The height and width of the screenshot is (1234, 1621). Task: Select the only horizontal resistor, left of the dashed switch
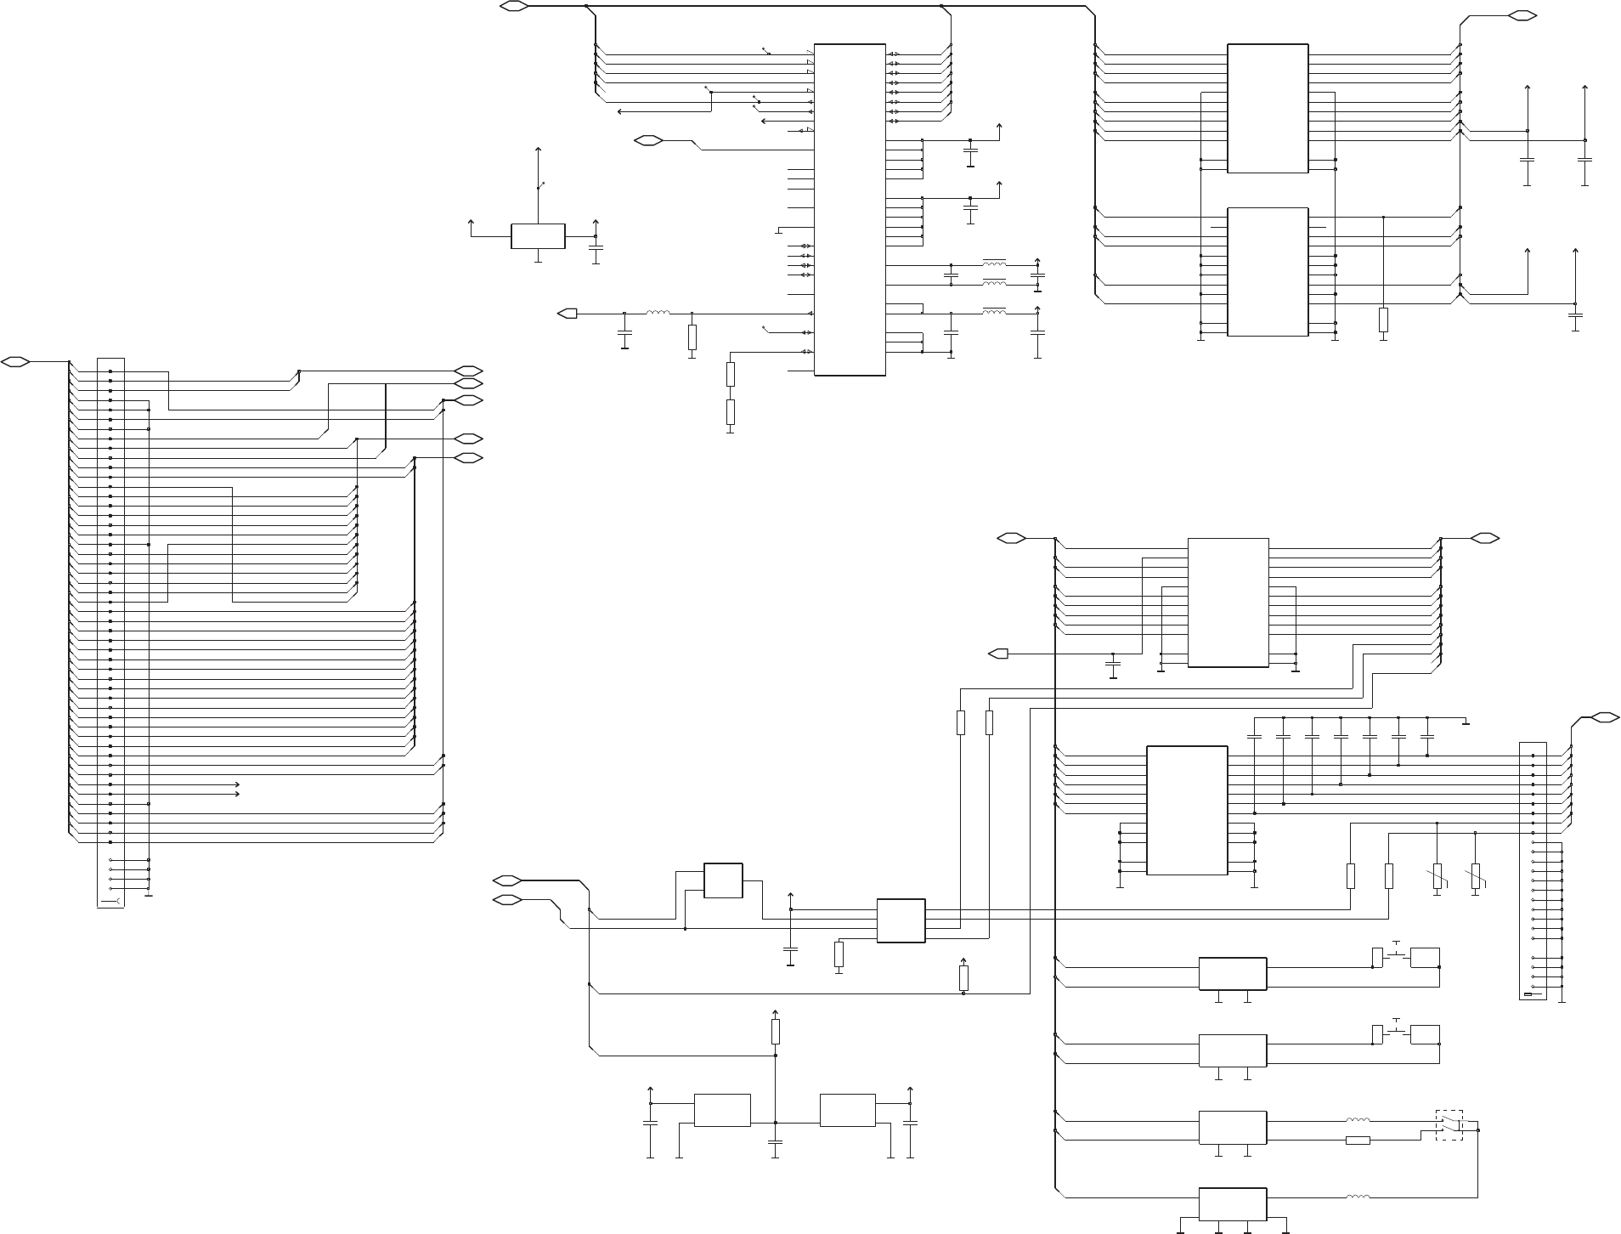pyautogui.click(x=1358, y=1141)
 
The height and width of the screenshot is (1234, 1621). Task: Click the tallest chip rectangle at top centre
pyautogui.click(x=850, y=209)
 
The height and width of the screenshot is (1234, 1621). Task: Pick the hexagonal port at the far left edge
pyautogui.click(x=16, y=362)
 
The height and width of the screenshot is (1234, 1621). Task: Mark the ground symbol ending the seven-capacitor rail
pyautogui.click(x=1466, y=724)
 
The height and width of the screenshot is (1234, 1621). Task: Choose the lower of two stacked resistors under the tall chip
pyautogui.click(x=731, y=412)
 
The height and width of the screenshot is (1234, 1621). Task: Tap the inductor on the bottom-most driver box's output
pyautogui.click(x=1358, y=1197)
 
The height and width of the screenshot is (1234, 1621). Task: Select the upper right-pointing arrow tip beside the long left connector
pyautogui.click(x=238, y=784)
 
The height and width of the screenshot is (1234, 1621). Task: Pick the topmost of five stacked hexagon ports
pyautogui.click(x=469, y=371)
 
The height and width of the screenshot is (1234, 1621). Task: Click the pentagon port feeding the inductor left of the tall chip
pyautogui.click(x=567, y=314)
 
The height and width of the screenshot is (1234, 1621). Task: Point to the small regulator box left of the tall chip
pyautogui.click(x=538, y=236)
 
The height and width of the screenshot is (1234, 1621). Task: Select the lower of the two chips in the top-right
pyautogui.click(x=1268, y=271)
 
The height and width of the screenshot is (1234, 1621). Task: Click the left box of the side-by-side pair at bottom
pyautogui.click(x=722, y=1110)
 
